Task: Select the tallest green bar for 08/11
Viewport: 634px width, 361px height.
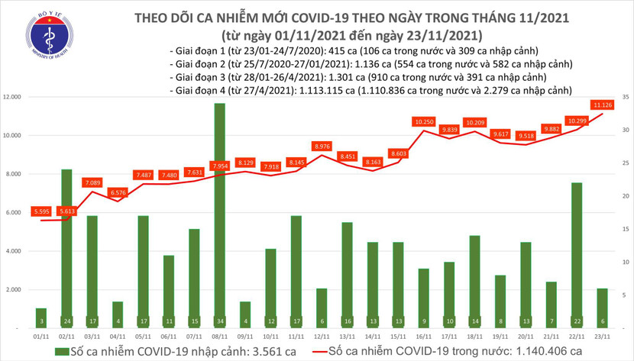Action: tap(220, 214)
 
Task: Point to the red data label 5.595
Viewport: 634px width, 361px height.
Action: tap(41, 211)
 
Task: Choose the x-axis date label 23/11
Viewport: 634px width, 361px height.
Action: tap(603, 337)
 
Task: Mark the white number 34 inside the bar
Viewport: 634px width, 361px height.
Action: tap(220, 321)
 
